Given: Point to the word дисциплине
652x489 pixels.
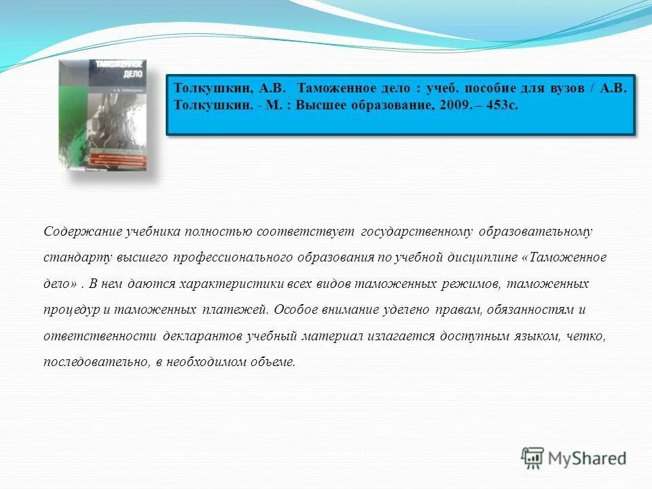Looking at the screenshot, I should tap(484, 257).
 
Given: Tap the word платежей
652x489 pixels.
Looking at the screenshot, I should tap(236, 310).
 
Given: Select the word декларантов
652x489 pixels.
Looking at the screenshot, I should tap(203, 336).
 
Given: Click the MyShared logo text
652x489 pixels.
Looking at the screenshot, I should tap(587, 458).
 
